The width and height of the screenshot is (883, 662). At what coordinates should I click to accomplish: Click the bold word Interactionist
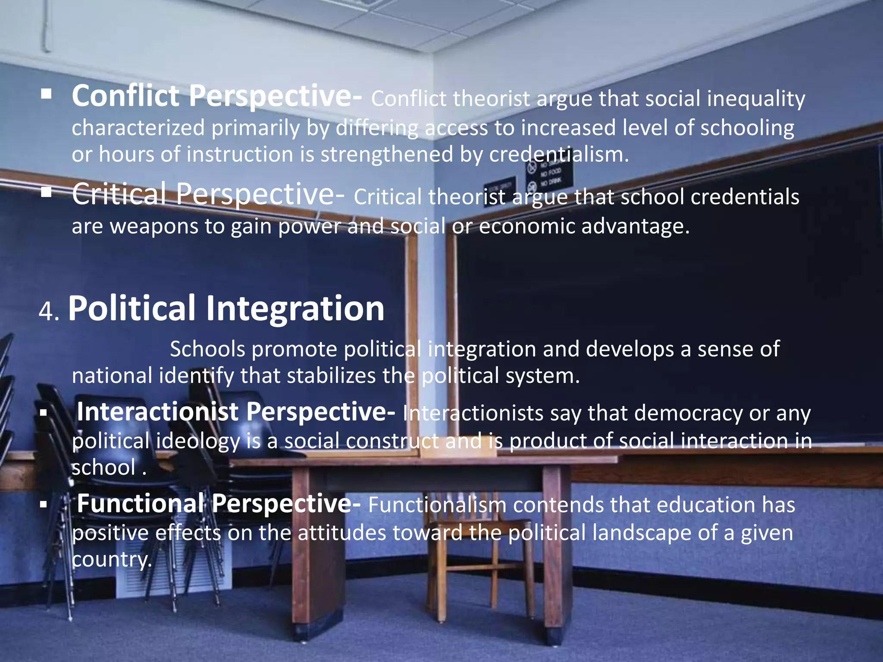click(157, 412)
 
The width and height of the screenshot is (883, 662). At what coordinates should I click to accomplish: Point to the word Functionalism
click(437, 505)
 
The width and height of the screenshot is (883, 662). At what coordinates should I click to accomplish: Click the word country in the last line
click(111, 559)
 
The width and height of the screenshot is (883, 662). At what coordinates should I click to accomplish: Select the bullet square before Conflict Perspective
click(46, 94)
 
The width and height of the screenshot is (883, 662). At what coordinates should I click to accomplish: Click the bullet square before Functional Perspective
click(43, 504)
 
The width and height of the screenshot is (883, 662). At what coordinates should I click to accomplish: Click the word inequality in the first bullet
click(756, 99)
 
